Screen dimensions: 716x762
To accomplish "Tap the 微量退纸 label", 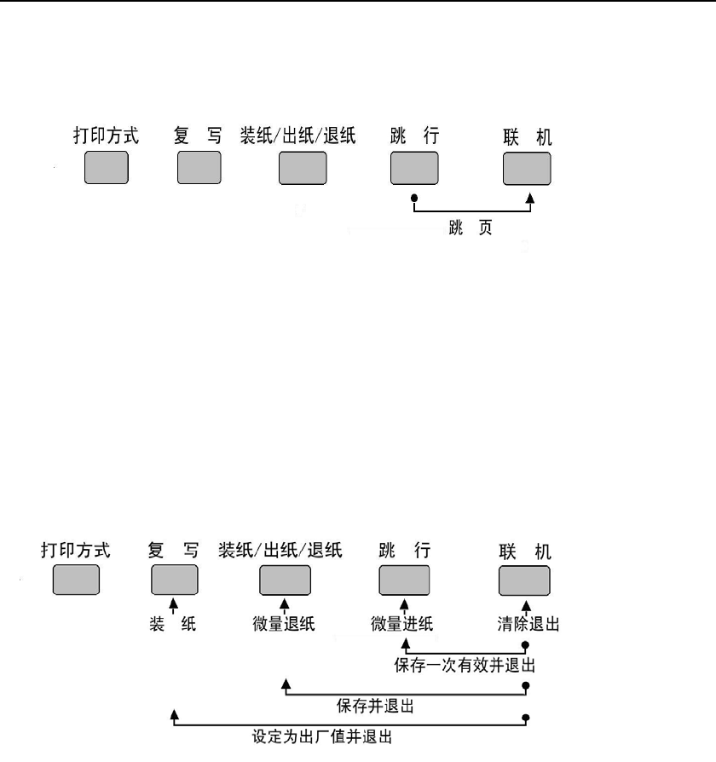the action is point(286,624).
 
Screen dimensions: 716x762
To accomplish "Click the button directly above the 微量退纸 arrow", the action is point(286,579).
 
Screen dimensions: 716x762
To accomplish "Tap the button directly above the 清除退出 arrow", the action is point(524,579).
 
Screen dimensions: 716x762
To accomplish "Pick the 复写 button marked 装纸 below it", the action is point(175,579).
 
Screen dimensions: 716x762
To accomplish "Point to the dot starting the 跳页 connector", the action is point(413,200).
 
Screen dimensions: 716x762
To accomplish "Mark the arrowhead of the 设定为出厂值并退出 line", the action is point(174,713).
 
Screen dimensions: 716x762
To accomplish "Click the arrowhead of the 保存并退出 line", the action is point(286,683).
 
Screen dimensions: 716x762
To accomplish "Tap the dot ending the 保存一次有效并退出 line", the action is point(526,645).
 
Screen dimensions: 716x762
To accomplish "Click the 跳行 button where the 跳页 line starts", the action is point(413,166).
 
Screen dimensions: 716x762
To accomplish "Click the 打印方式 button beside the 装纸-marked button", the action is point(76,579).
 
